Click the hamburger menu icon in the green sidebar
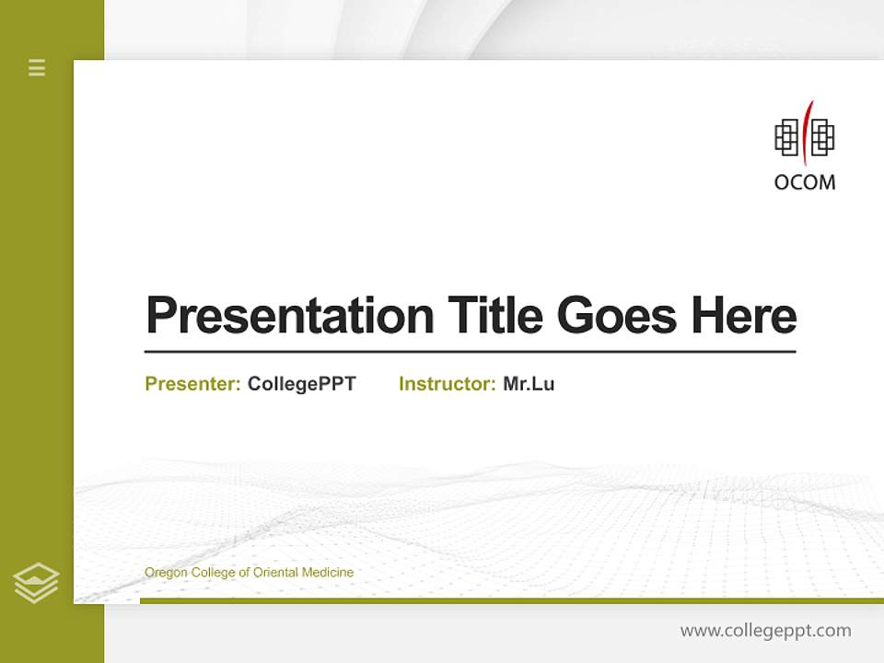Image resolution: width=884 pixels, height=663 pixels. (x=37, y=67)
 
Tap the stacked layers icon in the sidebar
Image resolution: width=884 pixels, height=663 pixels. (x=36, y=582)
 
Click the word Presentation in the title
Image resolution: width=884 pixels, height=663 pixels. (x=289, y=316)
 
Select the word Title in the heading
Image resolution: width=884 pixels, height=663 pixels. (x=495, y=316)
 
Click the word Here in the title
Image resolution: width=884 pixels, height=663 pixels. (x=744, y=316)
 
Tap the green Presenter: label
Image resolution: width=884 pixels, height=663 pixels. (x=192, y=384)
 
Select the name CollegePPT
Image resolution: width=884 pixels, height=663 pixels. (x=302, y=384)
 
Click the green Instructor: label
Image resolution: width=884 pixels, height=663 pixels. (x=448, y=384)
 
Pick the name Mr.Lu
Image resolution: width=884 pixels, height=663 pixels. (x=529, y=384)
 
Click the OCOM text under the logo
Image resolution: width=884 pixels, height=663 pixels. (x=805, y=181)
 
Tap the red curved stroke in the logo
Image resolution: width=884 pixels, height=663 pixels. (x=805, y=132)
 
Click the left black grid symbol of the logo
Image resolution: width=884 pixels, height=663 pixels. (x=787, y=137)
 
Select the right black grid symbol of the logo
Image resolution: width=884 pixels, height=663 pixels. (x=822, y=137)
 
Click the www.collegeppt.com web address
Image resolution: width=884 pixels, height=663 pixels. (x=765, y=631)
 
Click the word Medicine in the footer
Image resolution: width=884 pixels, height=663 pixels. (x=329, y=573)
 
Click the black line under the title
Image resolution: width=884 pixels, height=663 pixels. (x=470, y=352)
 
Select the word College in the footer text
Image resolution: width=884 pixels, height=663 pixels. (x=211, y=573)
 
